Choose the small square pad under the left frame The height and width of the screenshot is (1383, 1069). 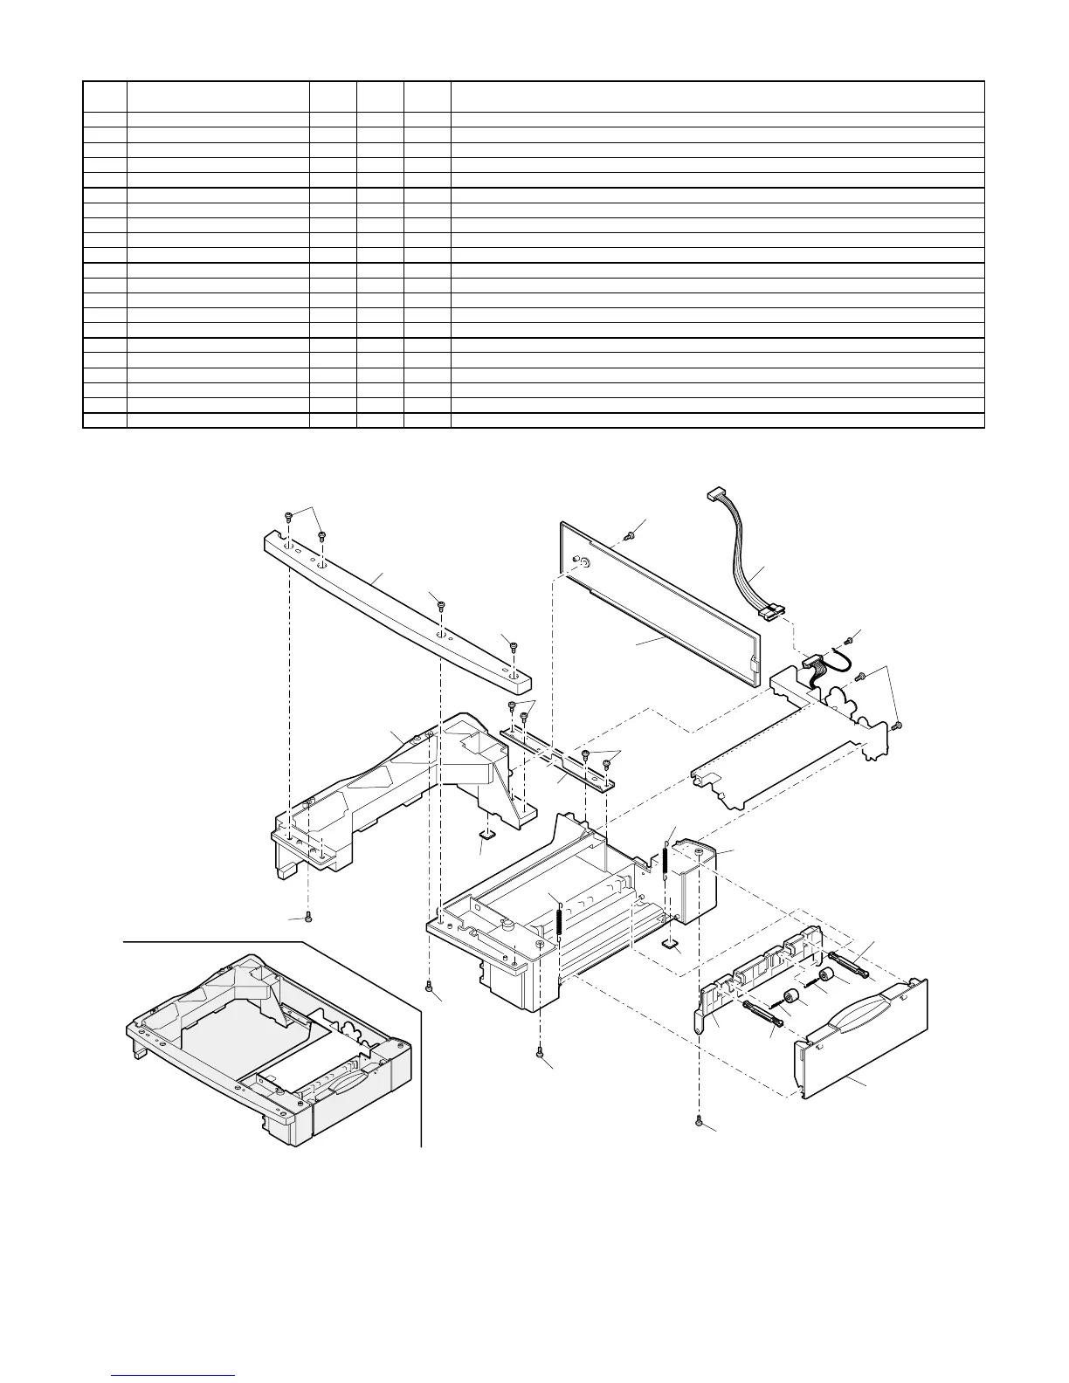[x=487, y=833]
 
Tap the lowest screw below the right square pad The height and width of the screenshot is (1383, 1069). [x=699, y=1121]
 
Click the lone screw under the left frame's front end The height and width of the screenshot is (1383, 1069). [x=309, y=918]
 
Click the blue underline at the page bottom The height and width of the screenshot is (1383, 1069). [x=175, y=1374]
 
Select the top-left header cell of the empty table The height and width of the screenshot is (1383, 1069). [x=105, y=96]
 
